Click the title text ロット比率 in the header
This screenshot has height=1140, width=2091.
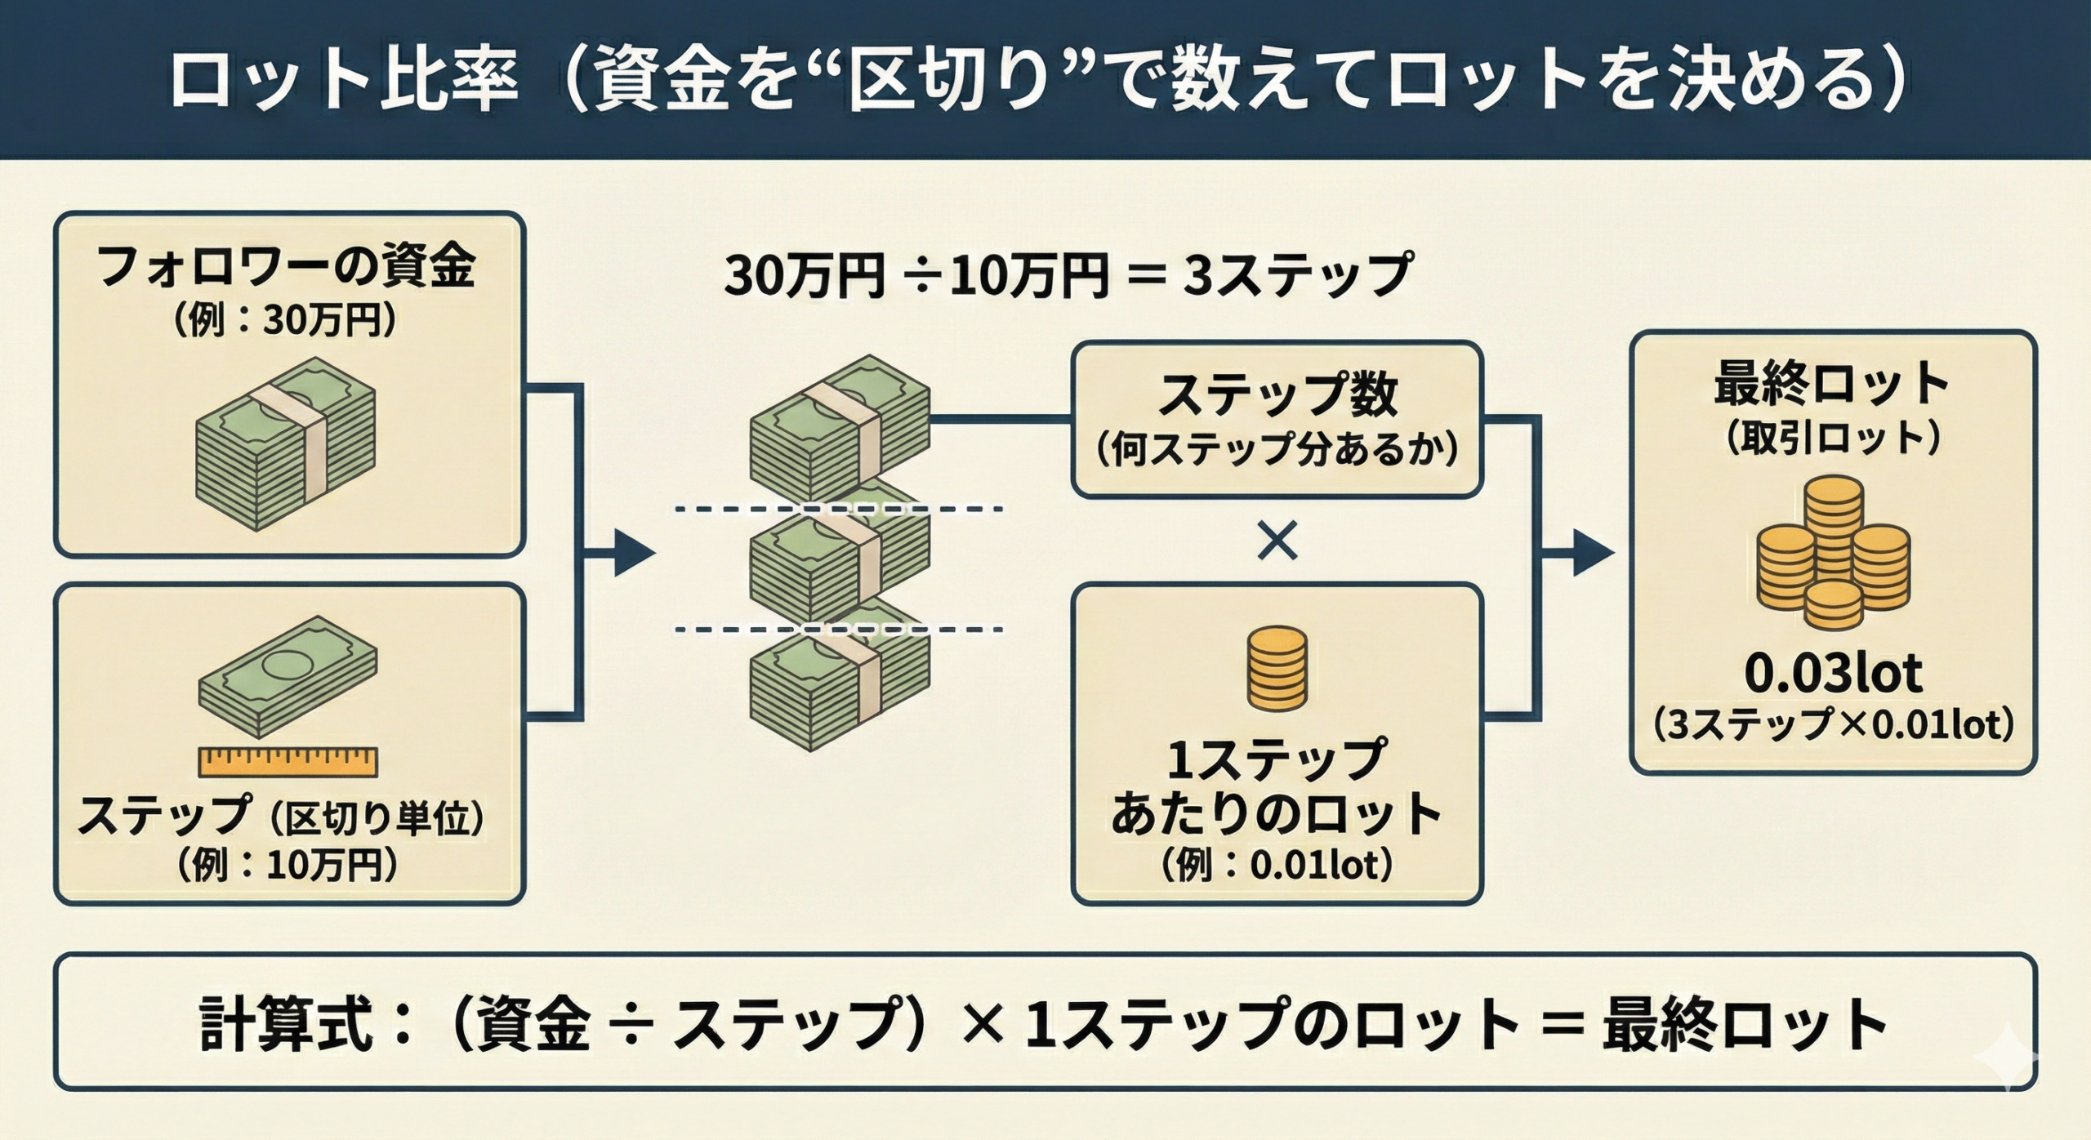pyautogui.click(x=343, y=81)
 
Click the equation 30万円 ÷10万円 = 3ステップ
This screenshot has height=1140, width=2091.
pyautogui.click(x=1067, y=276)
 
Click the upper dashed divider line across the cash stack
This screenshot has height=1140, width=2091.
pyautogui.click(x=838, y=510)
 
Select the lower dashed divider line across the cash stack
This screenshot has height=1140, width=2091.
pyautogui.click(x=838, y=629)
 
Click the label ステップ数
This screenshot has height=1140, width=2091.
pyautogui.click(x=1277, y=395)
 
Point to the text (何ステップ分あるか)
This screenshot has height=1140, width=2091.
pyautogui.click(x=1277, y=449)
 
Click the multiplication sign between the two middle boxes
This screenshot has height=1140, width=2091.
pyautogui.click(x=1277, y=541)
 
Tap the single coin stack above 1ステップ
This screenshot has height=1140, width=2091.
pyautogui.click(x=1277, y=666)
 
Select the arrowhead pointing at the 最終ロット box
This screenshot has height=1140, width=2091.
pyautogui.click(x=1593, y=554)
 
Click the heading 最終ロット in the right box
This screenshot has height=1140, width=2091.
pyautogui.click(x=1832, y=384)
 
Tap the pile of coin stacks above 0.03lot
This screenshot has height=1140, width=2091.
pyautogui.click(x=1832, y=555)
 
